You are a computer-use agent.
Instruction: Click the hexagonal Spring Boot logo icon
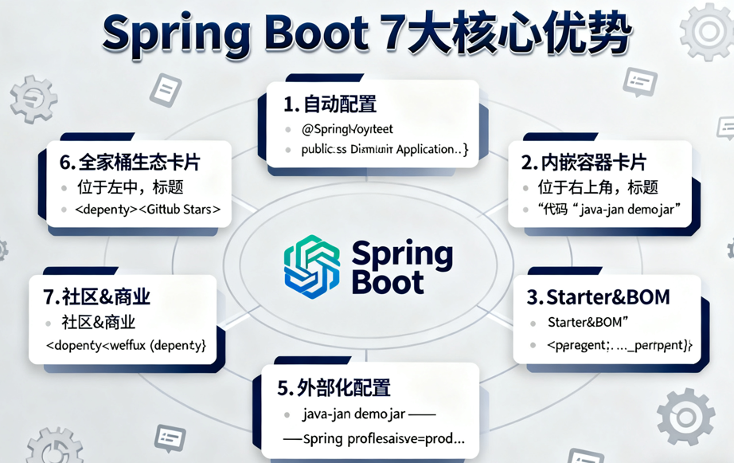(312, 266)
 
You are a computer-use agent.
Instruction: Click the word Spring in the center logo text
(402, 255)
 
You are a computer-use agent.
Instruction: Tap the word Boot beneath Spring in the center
(388, 282)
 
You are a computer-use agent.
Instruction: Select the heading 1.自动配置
(330, 104)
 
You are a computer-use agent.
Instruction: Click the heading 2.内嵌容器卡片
(583, 163)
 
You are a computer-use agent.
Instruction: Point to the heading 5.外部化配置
(334, 388)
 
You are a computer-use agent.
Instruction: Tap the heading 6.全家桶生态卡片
(130, 163)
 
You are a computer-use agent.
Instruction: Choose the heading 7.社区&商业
(96, 298)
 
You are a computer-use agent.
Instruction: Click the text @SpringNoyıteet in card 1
(347, 128)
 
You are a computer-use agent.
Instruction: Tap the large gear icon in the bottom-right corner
(685, 416)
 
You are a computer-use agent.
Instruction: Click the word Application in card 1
(427, 149)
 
